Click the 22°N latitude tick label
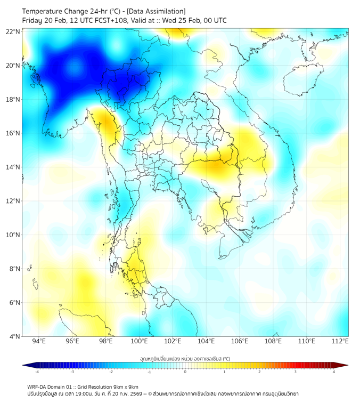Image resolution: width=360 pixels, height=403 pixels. pyautogui.click(x=13, y=31)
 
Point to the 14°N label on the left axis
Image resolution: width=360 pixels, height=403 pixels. pyautogui.click(x=13, y=167)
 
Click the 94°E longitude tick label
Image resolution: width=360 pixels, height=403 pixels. pyautogui.click(x=39, y=342)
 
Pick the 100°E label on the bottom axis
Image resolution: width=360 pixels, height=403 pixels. pyautogui.click(x=140, y=342)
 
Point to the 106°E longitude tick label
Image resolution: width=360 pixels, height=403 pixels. pyautogui.click(x=240, y=342)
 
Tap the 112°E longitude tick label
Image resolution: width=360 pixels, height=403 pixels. pyautogui.click(x=340, y=342)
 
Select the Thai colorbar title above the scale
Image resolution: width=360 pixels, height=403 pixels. pyautogui.click(x=185, y=359)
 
